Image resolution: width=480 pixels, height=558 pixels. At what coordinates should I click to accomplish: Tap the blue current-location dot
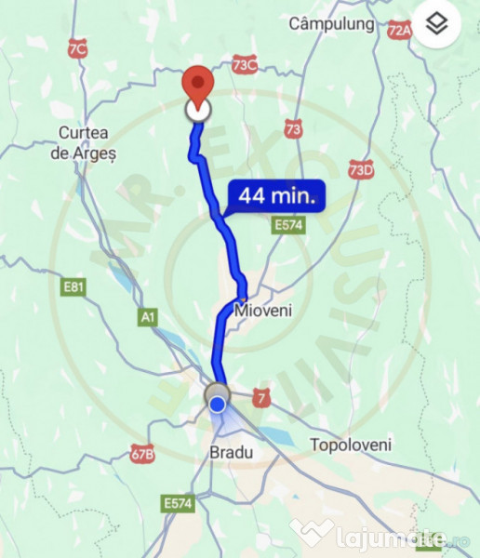[x=217, y=404]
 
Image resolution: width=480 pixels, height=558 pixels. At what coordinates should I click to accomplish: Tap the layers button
[x=437, y=25]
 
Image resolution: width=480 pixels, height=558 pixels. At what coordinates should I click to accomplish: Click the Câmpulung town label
[x=332, y=22]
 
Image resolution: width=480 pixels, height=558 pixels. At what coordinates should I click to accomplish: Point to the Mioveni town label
[x=263, y=311]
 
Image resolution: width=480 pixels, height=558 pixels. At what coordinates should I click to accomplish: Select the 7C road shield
[x=77, y=49]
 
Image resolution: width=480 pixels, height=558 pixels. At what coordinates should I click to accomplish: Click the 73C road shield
[x=245, y=65]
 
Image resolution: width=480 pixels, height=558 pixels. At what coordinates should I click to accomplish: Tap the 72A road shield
[x=400, y=31]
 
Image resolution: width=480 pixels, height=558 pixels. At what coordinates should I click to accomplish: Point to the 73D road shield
[x=361, y=168]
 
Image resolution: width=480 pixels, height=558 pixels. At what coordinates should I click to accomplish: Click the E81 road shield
[x=73, y=287]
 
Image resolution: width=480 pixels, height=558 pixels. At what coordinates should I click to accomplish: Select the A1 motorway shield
[x=147, y=318]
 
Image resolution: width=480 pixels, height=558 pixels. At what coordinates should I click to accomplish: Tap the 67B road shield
[x=141, y=455]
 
